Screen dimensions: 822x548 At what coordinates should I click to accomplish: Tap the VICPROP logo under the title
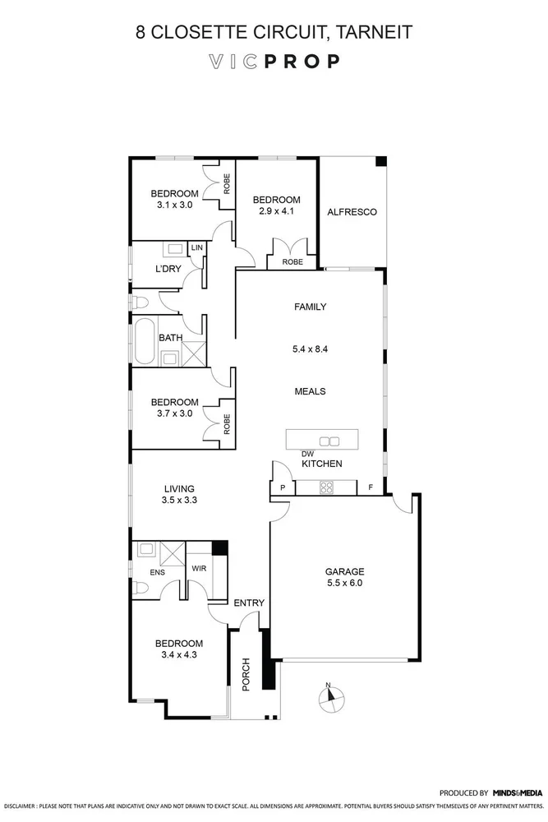tap(274, 62)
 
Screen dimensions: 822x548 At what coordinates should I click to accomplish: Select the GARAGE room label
tap(344, 571)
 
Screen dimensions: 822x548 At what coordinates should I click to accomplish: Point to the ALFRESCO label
tap(352, 212)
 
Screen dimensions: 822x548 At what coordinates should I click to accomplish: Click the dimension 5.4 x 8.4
tap(311, 349)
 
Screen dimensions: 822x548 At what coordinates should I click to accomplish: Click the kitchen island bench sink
tap(329, 441)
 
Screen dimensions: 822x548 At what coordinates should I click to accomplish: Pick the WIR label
tap(198, 568)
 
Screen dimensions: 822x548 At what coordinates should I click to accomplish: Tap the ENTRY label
tap(249, 603)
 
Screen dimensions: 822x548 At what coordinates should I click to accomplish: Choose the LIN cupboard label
tap(196, 247)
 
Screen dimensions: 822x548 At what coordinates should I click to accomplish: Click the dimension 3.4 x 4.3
tap(180, 655)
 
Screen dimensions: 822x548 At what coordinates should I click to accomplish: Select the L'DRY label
tap(168, 270)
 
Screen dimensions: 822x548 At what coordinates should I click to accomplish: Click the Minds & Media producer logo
tap(518, 793)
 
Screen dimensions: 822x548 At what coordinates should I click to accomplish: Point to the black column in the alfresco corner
tap(380, 162)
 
